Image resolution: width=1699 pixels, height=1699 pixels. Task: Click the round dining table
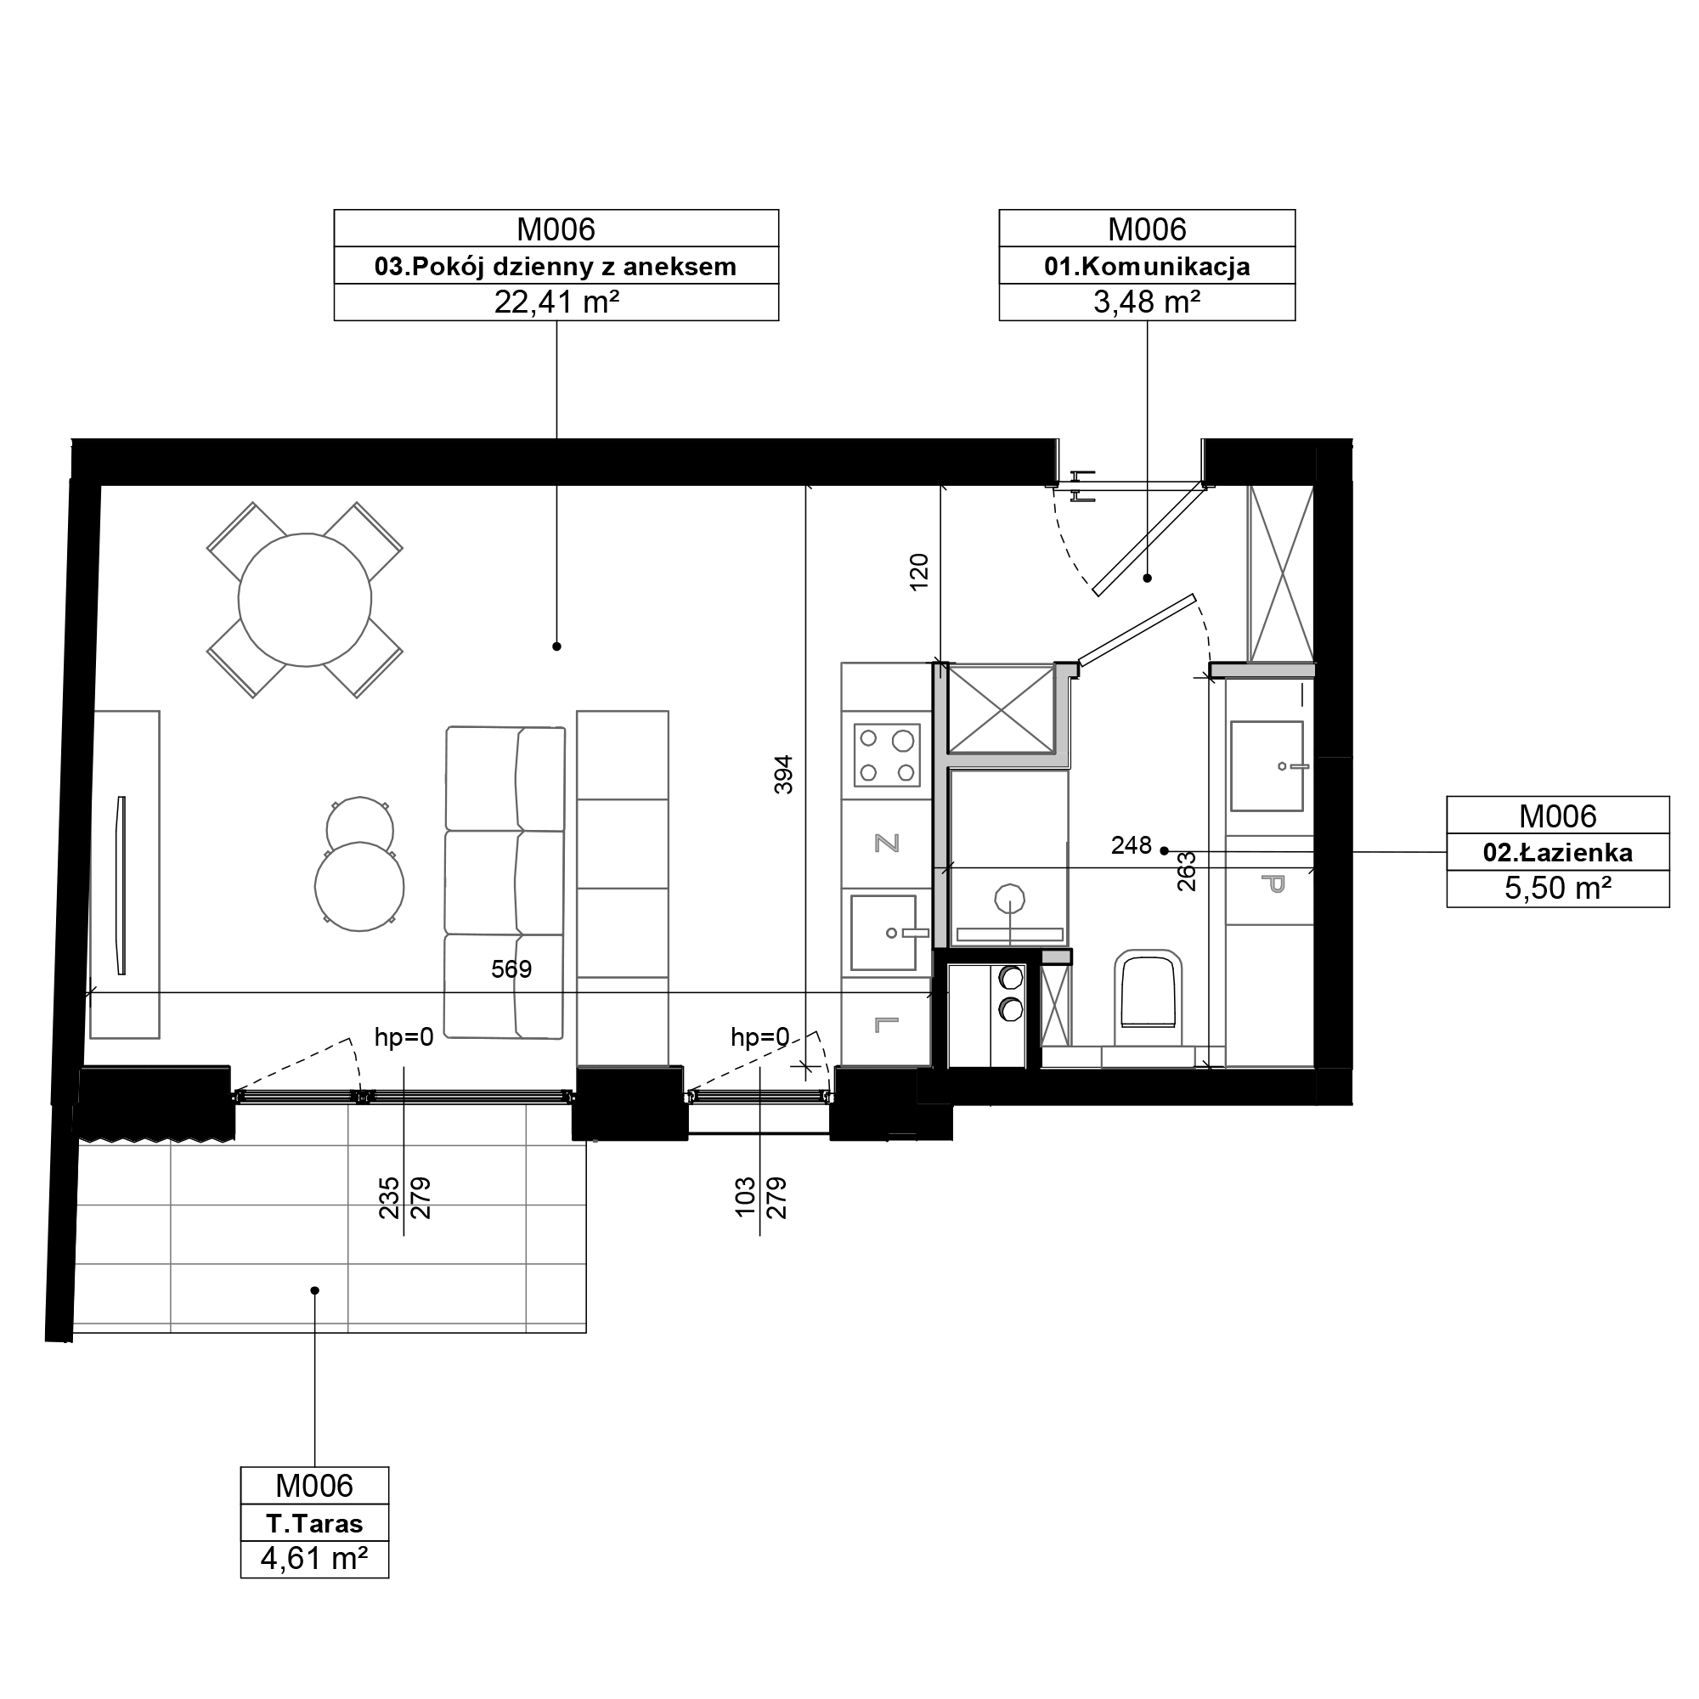coord(305,601)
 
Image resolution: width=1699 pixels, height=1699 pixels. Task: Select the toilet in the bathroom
coord(1148,991)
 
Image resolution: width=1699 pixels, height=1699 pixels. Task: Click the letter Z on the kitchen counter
coord(886,844)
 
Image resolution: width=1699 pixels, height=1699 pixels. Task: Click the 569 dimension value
coord(511,970)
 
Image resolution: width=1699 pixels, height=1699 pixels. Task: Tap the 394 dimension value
coord(783,775)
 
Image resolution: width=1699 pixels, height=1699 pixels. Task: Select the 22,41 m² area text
coord(556,302)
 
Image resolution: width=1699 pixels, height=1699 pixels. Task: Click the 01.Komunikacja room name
coord(1147,267)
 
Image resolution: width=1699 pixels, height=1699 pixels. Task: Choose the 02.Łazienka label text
coord(1557,852)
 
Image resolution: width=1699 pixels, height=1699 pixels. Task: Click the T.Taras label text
coord(315,1524)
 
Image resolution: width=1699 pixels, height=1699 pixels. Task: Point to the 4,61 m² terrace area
coord(315,1559)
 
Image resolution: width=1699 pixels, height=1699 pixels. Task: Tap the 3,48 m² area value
coord(1147,302)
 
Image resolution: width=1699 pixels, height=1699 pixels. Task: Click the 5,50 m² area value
coord(1557,889)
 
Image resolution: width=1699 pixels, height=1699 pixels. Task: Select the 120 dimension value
coord(919,572)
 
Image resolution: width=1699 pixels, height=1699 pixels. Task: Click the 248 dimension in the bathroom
coord(1131,846)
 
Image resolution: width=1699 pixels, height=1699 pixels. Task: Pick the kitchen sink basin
coord(883,932)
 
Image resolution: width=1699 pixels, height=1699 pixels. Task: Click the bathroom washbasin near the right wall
coord(1267,766)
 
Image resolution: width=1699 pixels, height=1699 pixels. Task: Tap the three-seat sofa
coord(505,883)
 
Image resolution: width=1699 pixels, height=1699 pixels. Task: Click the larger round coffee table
coord(359,886)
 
